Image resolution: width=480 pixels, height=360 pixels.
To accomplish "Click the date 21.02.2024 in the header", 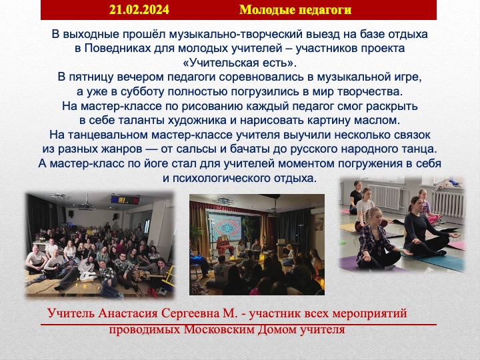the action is click(x=139, y=10).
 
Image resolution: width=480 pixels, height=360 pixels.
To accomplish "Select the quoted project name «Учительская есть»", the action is click(x=240, y=63).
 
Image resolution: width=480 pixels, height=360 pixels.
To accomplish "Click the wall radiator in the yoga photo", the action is click(x=448, y=203).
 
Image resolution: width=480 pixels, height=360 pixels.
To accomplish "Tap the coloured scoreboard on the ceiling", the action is click(x=125, y=200).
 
